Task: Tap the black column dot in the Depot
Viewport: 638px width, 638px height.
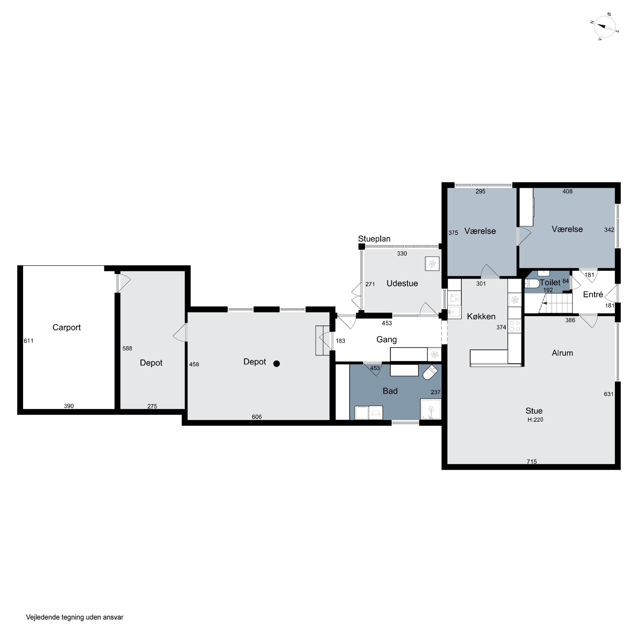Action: pyautogui.click(x=277, y=364)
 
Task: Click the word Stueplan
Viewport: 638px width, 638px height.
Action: pyautogui.click(x=374, y=239)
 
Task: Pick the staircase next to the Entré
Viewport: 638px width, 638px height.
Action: pyautogui.click(x=555, y=303)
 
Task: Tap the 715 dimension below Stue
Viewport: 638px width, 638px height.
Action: pyautogui.click(x=532, y=462)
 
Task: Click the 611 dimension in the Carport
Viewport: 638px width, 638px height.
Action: pyautogui.click(x=28, y=341)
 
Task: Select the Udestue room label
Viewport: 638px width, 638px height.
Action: pyautogui.click(x=402, y=283)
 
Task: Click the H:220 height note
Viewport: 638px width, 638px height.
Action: pyautogui.click(x=535, y=420)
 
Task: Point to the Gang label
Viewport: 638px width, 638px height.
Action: pyautogui.click(x=386, y=339)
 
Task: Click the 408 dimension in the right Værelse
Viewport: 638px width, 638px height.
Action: pyautogui.click(x=567, y=191)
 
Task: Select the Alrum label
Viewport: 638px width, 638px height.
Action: pyautogui.click(x=562, y=353)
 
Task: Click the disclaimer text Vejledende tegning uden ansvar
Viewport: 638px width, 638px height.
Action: pyautogui.click(x=75, y=617)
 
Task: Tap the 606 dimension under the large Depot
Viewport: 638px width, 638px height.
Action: pyautogui.click(x=257, y=417)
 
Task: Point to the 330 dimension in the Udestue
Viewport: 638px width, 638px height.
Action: pyautogui.click(x=402, y=254)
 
